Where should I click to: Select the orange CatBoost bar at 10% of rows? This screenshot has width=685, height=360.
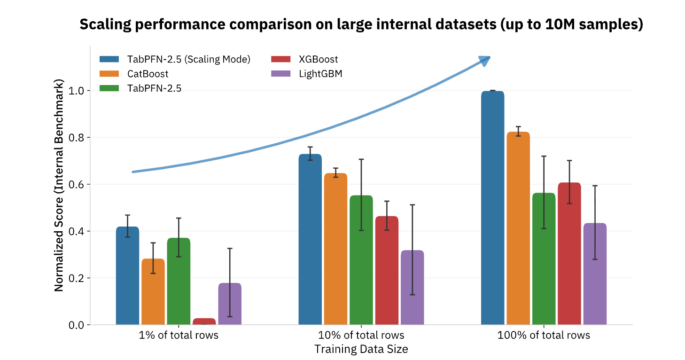pos(335,249)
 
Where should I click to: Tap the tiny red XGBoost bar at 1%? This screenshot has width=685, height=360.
pos(204,321)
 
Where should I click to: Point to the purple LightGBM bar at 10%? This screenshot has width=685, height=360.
pos(412,287)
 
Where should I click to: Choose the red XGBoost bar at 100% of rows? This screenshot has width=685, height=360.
pos(569,253)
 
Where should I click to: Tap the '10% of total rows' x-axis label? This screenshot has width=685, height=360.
pos(361,336)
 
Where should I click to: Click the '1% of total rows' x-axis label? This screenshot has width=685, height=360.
pos(179,336)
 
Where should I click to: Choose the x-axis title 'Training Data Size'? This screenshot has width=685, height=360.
pos(361,349)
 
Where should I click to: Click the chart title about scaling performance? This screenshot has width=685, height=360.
pos(361,25)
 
